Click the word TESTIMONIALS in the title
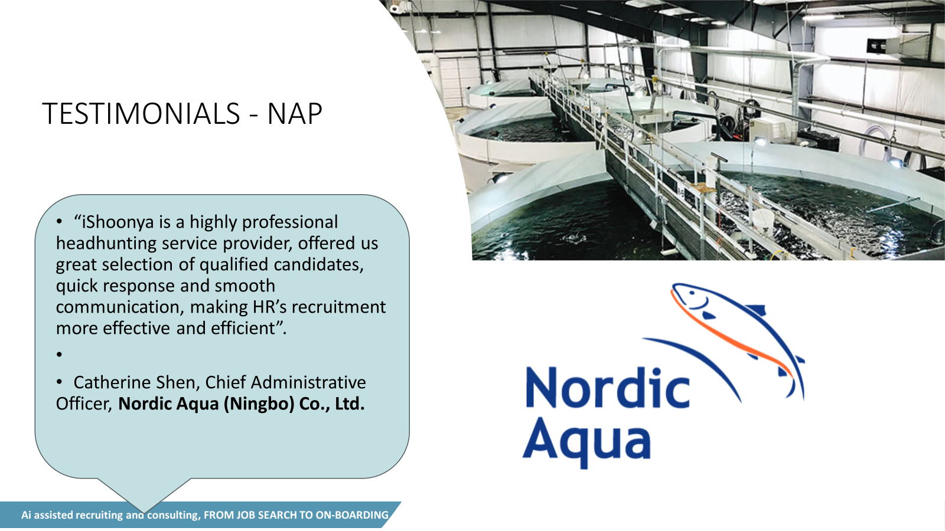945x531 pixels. (141, 114)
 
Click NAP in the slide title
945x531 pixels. (295, 114)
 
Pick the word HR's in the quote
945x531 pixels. (269, 307)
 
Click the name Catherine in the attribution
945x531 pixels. (112, 383)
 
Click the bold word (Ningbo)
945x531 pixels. (259, 404)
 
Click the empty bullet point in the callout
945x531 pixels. (59, 355)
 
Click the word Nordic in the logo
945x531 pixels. (608, 388)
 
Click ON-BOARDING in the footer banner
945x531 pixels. (352, 515)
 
